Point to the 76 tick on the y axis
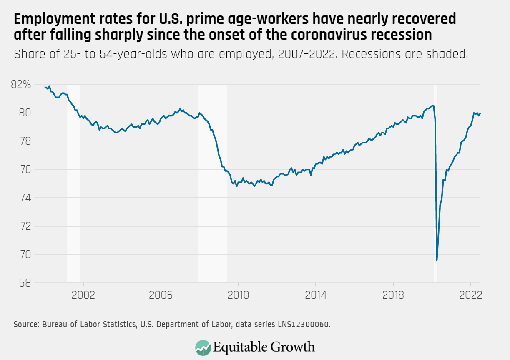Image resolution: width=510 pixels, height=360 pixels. [26, 170]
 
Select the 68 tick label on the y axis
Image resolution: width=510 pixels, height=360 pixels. [26, 283]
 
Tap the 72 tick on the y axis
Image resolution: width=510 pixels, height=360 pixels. [26, 226]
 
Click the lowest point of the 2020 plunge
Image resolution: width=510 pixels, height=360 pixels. [437, 260]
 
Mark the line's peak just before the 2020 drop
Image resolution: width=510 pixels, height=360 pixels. [433, 106]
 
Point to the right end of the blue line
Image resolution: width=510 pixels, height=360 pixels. [480, 113]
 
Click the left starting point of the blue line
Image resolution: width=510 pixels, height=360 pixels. [45, 87]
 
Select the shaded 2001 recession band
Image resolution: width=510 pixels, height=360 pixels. [73, 184]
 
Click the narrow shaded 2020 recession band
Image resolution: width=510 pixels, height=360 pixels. [435, 184]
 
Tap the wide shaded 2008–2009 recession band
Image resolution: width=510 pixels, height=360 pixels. [212, 184]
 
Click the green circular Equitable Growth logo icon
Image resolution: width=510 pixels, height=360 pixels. [203, 347]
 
